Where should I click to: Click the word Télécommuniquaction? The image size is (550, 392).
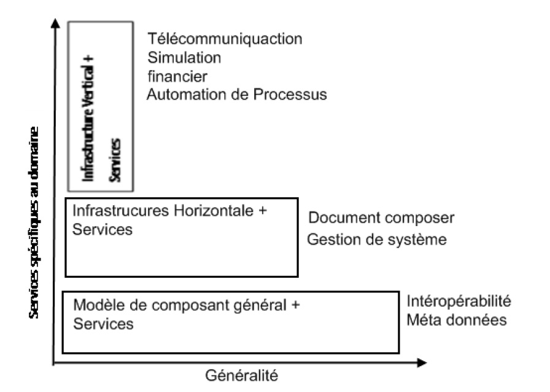coord(225,39)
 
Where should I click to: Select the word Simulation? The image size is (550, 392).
coord(184,58)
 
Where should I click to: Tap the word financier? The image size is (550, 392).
coord(177,76)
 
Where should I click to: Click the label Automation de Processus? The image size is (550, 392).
coord(237,95)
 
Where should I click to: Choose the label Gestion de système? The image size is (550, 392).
coord(376,239)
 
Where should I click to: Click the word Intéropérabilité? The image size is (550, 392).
coord(459,302)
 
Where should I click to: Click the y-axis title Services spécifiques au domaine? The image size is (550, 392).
coord(35,222)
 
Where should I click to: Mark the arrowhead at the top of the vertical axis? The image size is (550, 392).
coord(56,25)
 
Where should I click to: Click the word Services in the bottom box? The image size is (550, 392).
coord(103,324)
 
